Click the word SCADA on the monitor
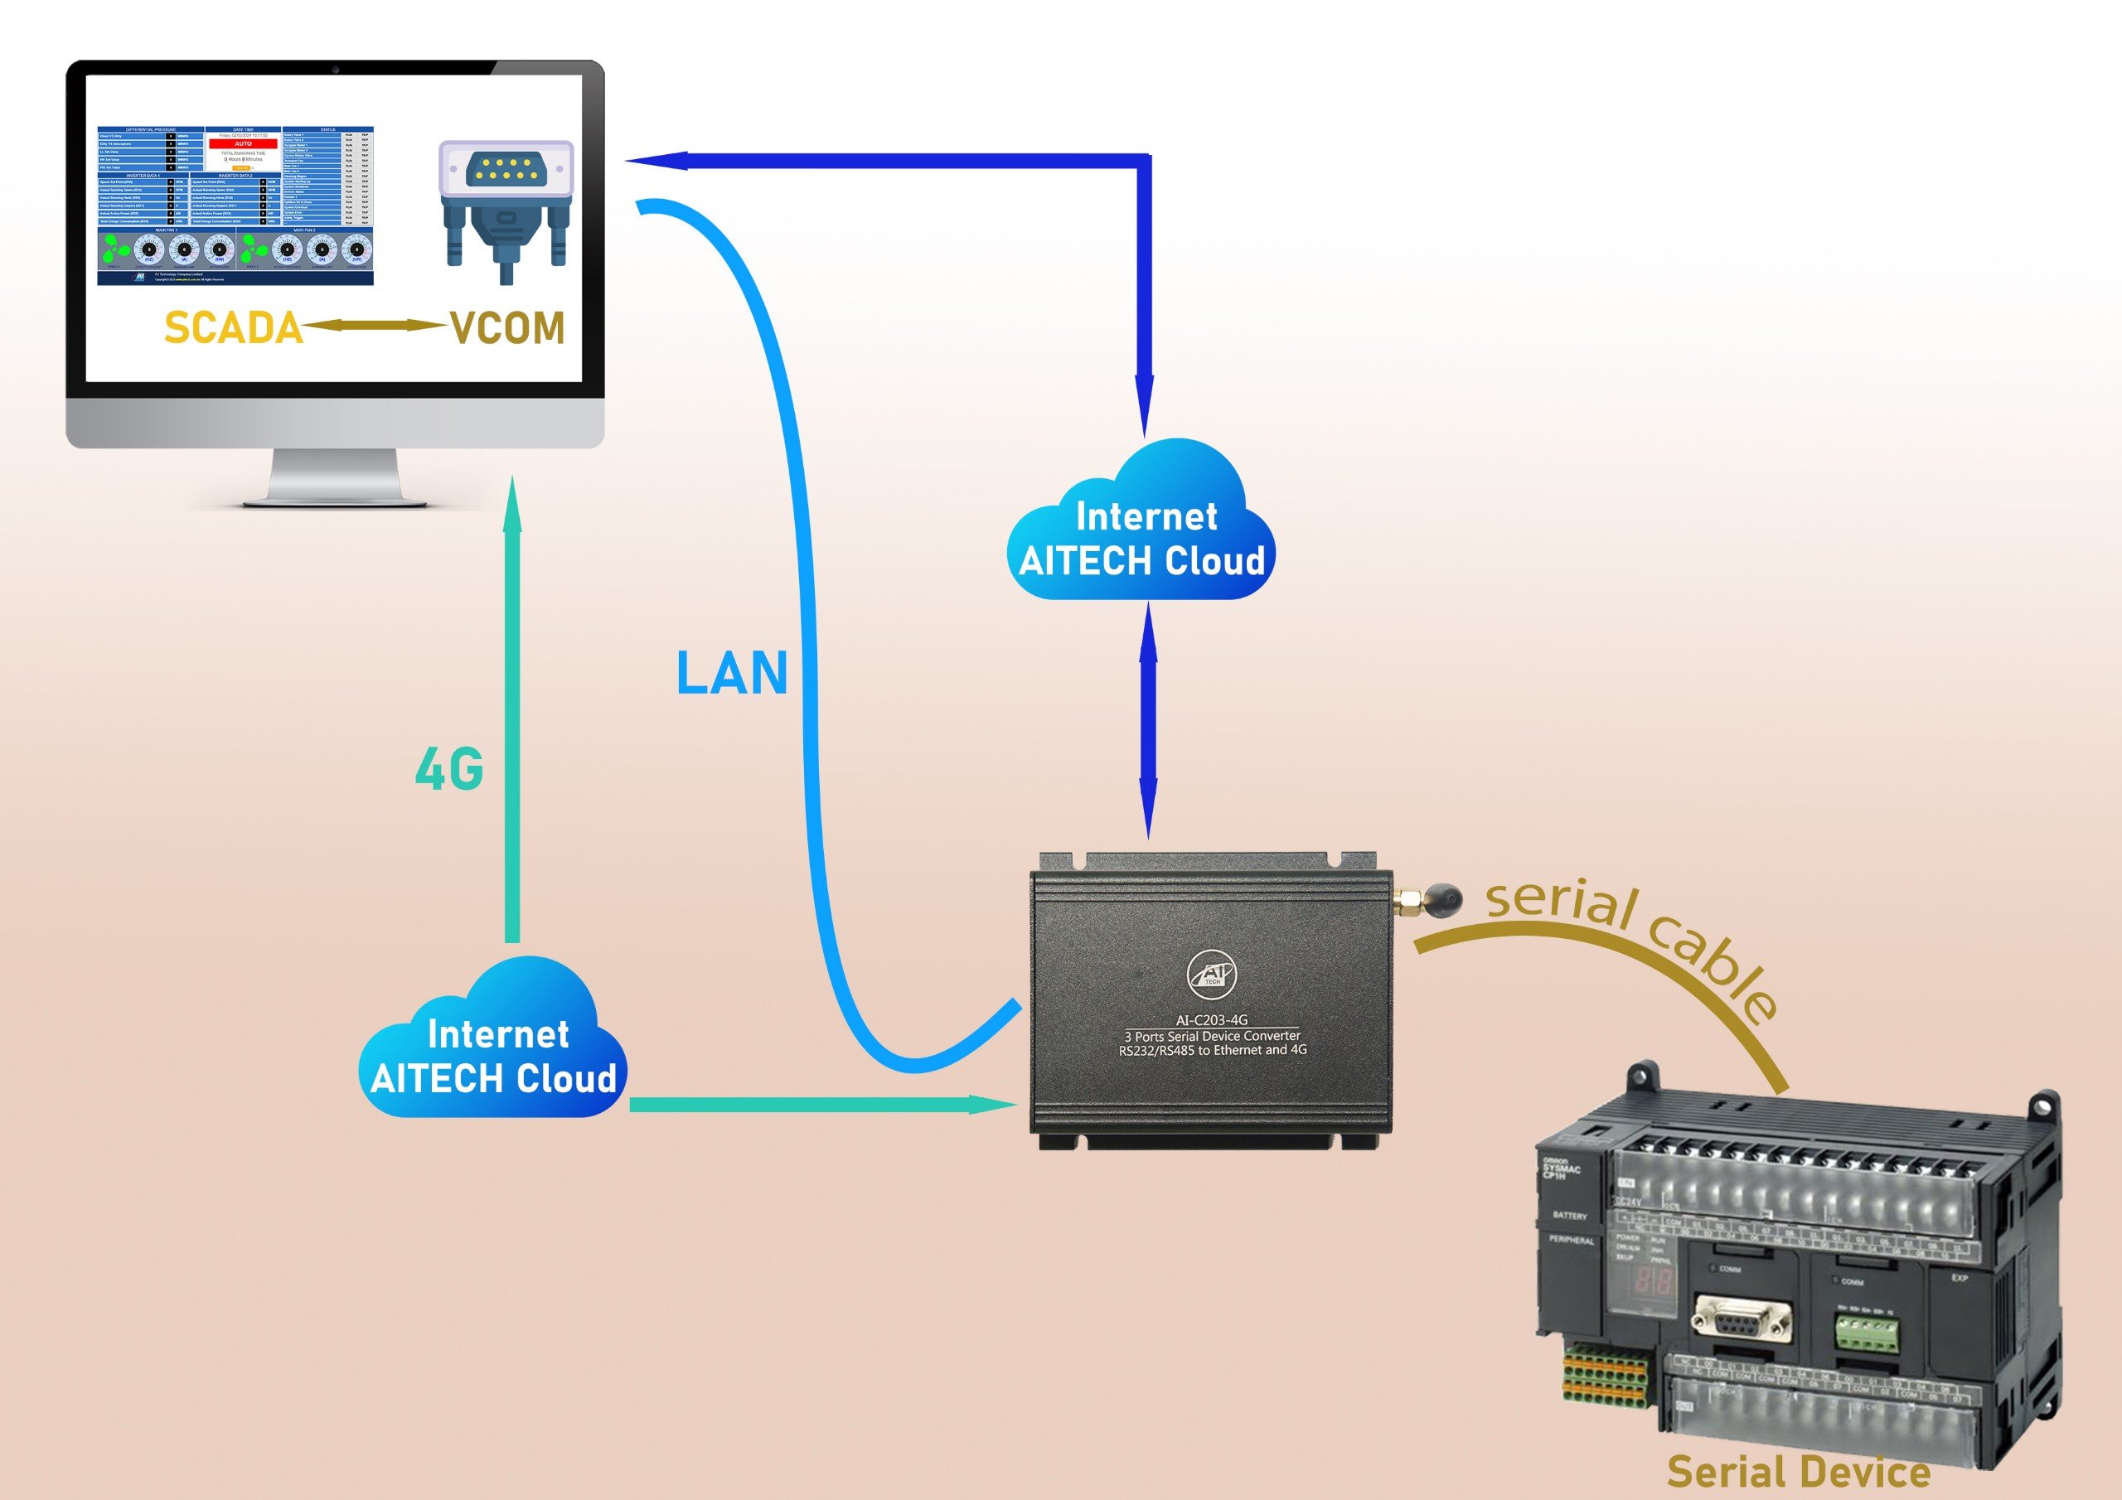[x=233, y=328]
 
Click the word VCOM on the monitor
[x=507, y=328]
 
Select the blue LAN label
[x=731, y=674]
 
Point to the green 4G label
[x=449, y=769]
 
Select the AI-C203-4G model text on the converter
[x=1211, y=1020]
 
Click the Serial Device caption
[x=1798, y=1473]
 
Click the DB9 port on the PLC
[x=1742, y=1321]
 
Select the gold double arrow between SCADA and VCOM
[x=375, y=327]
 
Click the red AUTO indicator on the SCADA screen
[x=243, y=144]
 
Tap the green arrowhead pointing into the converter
[x=994, y=1105]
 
